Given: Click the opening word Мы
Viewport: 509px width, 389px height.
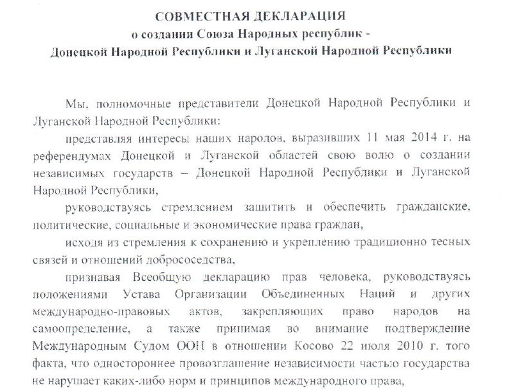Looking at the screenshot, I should pyautogui.click(x=73, y=103).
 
